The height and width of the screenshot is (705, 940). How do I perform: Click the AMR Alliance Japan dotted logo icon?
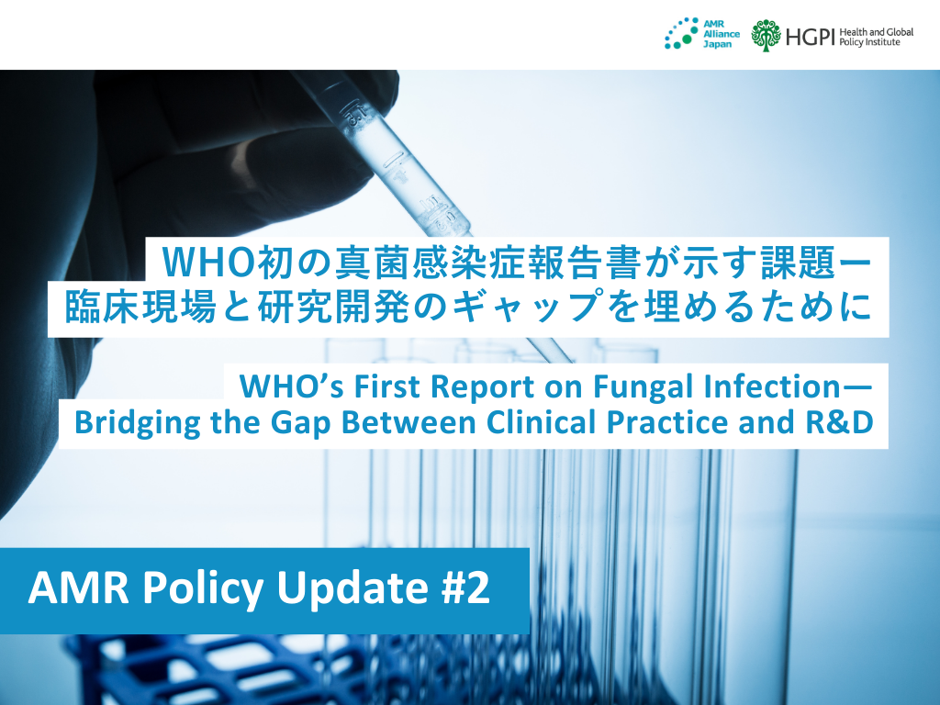679,35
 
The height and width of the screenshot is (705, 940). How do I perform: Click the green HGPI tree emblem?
766,35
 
